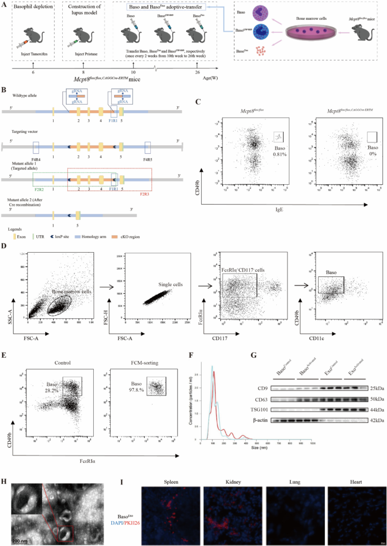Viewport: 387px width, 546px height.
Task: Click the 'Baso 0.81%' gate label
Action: (x=281, y=148)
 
